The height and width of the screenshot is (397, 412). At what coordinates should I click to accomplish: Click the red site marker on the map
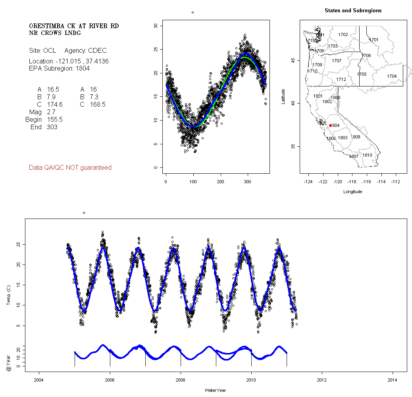click(x=330, y=125)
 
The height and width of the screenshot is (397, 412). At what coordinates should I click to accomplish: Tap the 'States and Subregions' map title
click(x=353, y=11)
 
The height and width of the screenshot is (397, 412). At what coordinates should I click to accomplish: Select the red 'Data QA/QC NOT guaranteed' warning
click(x=70, y=168)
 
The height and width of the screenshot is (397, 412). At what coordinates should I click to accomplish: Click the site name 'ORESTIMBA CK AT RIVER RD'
click(x=74, y=26)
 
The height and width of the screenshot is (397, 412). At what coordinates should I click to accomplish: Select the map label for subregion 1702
click(x=343, y=35)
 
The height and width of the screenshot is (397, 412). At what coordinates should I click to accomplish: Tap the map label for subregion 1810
click(x=368, y=155)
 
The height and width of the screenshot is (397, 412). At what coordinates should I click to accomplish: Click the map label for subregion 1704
click(x=392, y=76)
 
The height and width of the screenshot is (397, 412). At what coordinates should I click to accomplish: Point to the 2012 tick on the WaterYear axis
click(x=322, y=378)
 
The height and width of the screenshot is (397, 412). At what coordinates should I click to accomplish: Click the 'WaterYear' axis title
click(x=216, y=390)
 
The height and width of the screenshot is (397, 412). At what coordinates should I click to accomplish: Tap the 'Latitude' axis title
click(x=283, y=96)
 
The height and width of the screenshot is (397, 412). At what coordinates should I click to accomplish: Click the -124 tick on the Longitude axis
click(x=308, y=181)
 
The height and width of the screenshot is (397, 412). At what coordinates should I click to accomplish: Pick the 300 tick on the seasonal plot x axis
click(x=248, y=181)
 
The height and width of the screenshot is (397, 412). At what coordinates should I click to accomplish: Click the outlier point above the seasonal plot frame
click(x=193, y=13)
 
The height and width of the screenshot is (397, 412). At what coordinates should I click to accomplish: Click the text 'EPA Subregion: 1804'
click(x=59, y=68)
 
